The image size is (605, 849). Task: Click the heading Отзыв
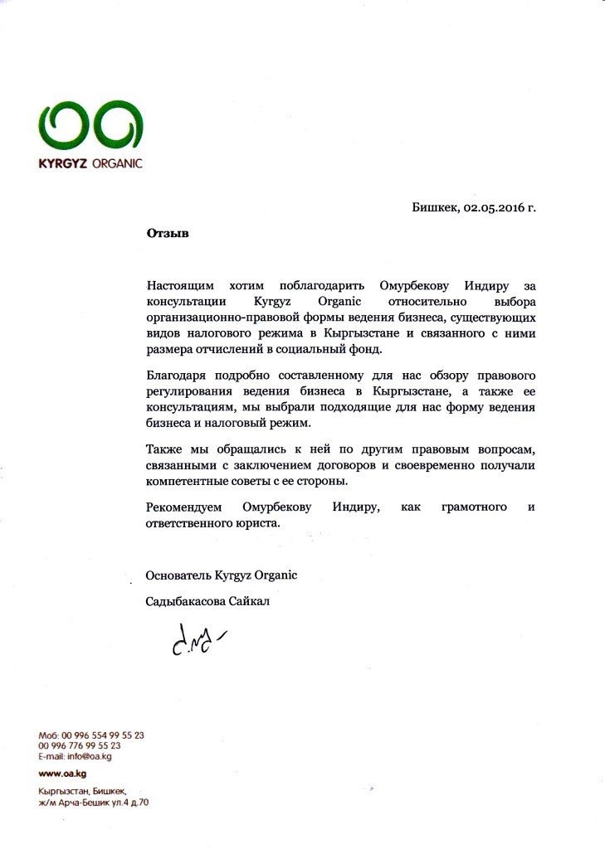(168, 234)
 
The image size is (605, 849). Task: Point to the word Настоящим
(178, 286)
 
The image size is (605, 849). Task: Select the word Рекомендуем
(183, 507)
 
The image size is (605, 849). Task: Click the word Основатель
(177, 575)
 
